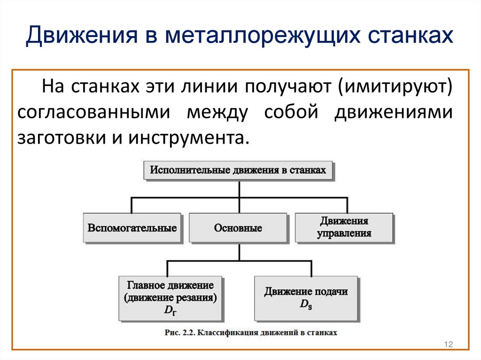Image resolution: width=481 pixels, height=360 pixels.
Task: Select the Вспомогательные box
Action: coord(132,229)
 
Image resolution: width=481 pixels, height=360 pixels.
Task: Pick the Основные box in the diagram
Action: coord(238,229)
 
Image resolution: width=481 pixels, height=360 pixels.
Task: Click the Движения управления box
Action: coord(344,227)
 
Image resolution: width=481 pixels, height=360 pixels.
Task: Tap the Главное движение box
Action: coord(170,298)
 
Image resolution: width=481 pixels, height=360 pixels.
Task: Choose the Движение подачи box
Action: coord(305,298)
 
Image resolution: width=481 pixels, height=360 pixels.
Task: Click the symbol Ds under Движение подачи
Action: coord(306,304)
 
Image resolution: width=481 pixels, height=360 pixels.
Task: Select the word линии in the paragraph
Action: coord(217,88)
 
